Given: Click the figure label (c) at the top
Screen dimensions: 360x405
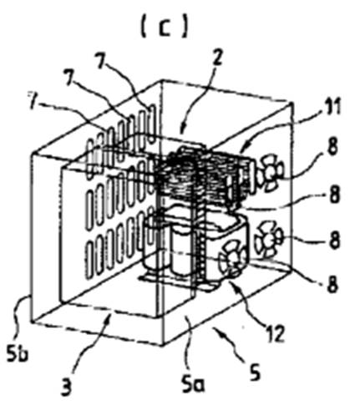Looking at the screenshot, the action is point(165,28).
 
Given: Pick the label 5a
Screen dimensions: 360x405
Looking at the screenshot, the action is point(193,384).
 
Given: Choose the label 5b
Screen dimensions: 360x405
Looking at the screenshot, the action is point(18,352).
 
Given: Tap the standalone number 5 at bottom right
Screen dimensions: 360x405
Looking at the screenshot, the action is point(255,372).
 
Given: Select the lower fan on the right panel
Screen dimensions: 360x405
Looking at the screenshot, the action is point(268,239).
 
